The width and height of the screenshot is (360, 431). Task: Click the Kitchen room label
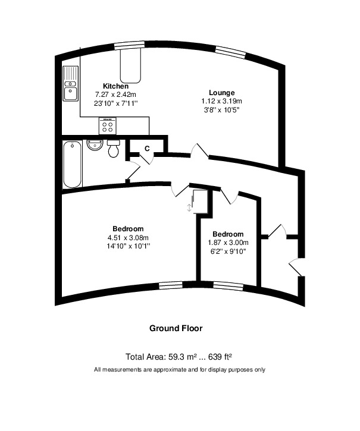pos(115,86)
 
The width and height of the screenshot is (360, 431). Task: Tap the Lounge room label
pos(218,93)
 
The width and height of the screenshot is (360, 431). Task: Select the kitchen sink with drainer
pos(70,83)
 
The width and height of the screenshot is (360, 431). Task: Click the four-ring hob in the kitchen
pos(108,125)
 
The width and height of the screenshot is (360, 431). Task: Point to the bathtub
pos(72,163)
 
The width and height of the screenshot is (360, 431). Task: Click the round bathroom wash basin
pos(95,145)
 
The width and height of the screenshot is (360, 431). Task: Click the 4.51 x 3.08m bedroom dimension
pos(127,237)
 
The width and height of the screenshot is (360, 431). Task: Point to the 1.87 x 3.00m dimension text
pos(227,242)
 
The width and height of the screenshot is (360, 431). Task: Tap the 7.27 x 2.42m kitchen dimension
pos(115,95)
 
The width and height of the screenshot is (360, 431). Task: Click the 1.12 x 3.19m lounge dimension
pos(218,101)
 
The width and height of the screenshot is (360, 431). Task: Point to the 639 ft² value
pos(218,357)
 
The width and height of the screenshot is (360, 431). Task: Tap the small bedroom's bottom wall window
pos(228,285)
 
